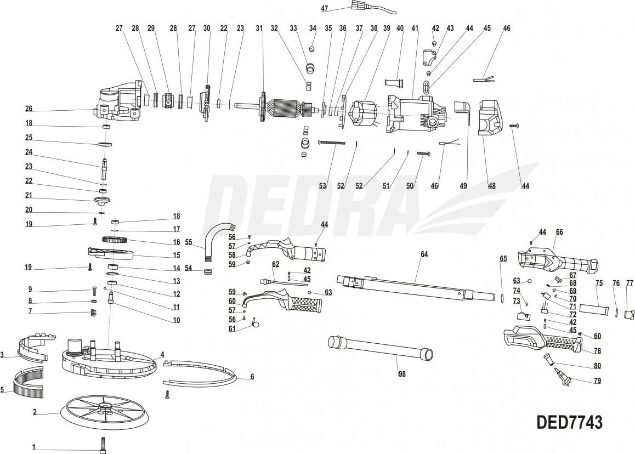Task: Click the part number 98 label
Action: click(x=402, y=374)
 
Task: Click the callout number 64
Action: click(x=424, y=254)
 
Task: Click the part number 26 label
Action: click(x=29, y=108)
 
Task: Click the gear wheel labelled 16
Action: click(x=115, y=240)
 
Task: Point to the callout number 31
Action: click(x=259, y=28)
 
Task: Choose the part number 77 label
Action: click(x=630, y=283)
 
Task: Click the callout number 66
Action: click(x=559, y=232)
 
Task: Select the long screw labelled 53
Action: click(x=331, y=143)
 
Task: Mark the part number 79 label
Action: click(x=597, y=381)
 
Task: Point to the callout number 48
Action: click(x=492, y=186)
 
